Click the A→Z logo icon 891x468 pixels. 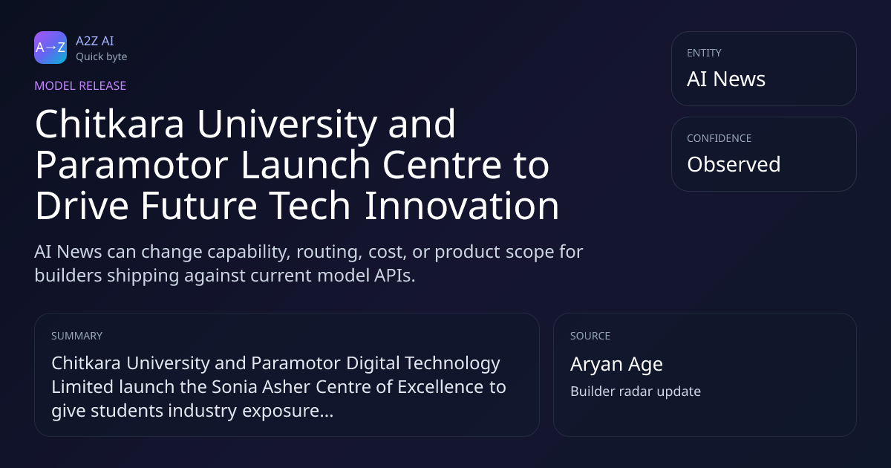[x=50, y=48]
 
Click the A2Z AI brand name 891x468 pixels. [x=95, y=41]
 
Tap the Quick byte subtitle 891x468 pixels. [x=102, y=57]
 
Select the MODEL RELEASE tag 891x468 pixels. [x=80, y=85]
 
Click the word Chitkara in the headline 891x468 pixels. [x=109, y=124]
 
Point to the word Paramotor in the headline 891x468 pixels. [x=131, y=165]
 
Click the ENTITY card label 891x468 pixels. [x=704, y=53]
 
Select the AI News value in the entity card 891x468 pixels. [x=726, y=79]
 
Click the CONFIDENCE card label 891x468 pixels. [x=719, y=138]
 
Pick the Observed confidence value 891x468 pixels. [x=734, y=164]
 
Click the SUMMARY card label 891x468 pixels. [x=76, y=336]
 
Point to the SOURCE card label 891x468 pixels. [x=590, y=336]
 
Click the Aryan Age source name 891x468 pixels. [x=616, y=364]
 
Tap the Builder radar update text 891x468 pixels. [x=636, y=391]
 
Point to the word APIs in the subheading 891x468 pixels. [x=394, y=276]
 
